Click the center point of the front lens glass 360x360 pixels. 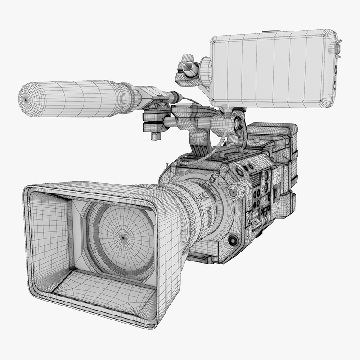[122, 236]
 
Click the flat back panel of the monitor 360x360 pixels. [270, 67]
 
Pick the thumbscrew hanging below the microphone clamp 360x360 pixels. [155, 135]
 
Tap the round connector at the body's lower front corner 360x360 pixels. [233, 241]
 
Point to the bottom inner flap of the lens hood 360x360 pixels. [108, 288]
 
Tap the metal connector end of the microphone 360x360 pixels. [173, 97]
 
